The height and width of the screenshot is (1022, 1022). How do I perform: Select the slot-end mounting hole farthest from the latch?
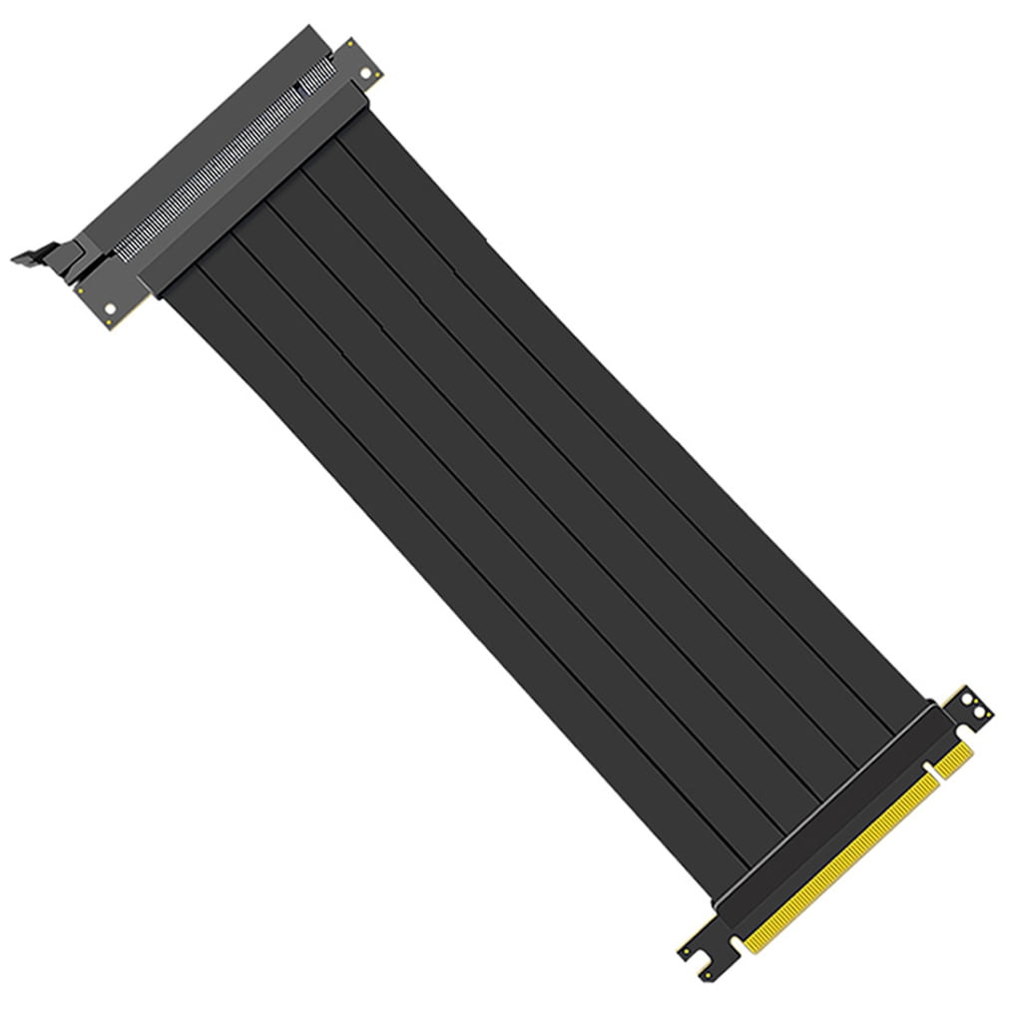[x=367, y=74]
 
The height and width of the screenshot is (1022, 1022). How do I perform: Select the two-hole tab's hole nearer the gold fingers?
[x=979, y=713]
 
